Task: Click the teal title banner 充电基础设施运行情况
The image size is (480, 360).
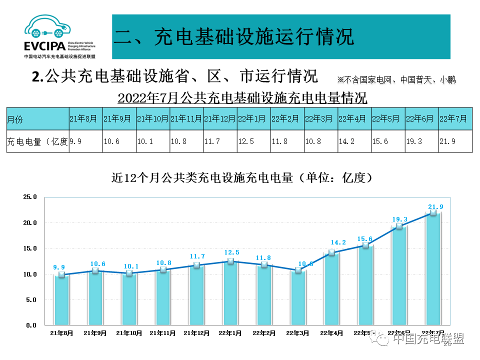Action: coord(281,36)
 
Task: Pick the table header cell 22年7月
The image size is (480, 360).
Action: coord(453,119)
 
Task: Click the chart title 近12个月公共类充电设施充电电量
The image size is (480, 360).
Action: coord(242,178)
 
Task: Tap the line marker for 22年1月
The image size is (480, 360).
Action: coord(230,261)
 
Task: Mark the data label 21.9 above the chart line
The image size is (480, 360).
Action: coord(435,206)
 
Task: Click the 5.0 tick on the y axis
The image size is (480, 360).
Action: coord(31,299)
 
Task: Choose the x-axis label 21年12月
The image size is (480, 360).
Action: coord(196,332)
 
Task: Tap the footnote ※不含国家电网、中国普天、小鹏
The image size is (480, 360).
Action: coord(396,79)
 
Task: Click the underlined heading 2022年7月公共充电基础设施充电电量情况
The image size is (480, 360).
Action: coord(242,96)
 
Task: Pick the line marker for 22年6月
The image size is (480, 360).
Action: coord(399,226)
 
